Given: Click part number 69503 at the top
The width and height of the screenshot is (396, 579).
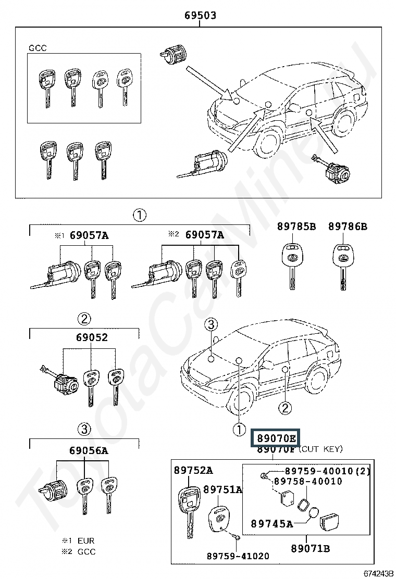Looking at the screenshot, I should pos(200,15).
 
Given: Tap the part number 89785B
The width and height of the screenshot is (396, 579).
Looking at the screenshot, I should pos(296,226).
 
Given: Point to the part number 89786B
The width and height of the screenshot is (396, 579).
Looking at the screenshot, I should pos(348,226).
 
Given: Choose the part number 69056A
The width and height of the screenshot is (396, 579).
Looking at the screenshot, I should pos(88,450).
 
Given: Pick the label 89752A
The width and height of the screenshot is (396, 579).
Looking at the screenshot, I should pos(193,471).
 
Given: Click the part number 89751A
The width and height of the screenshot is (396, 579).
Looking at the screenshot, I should pos(222,489).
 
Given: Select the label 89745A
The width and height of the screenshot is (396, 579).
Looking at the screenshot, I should pos(271,523).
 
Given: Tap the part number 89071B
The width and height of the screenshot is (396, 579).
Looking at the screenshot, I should pos(310,549).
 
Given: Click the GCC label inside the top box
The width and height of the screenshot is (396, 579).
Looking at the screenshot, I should pos(38,48).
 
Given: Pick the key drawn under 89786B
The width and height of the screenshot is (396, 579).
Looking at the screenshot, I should pos(342,263).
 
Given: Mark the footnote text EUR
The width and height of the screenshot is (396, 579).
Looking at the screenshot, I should pos(86,541).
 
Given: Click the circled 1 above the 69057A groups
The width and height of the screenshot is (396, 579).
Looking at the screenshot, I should pos(139,215).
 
